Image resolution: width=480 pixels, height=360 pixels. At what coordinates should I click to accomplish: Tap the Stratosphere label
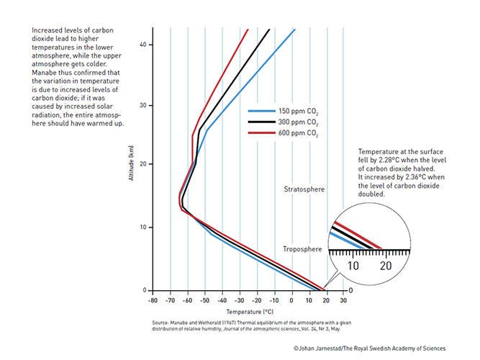pos(304,189)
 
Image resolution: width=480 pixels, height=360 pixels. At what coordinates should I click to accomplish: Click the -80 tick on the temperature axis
pos(153,300)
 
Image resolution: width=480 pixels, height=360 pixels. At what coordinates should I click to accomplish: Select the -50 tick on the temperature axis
pos(205,300)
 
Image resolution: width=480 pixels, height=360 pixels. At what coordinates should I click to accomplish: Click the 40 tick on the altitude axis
pos(142,45)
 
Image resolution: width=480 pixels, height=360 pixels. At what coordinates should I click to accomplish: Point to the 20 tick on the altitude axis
pos(142,164)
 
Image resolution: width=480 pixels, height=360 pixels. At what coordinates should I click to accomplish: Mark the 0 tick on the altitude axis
pos(145,290)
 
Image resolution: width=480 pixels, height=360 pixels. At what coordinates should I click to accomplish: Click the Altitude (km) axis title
pos(131,164)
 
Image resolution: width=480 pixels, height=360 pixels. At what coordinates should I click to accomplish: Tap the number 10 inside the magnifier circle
pos(353,266)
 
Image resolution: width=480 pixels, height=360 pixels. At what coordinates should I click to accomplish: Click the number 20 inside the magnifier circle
pos(385,266)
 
